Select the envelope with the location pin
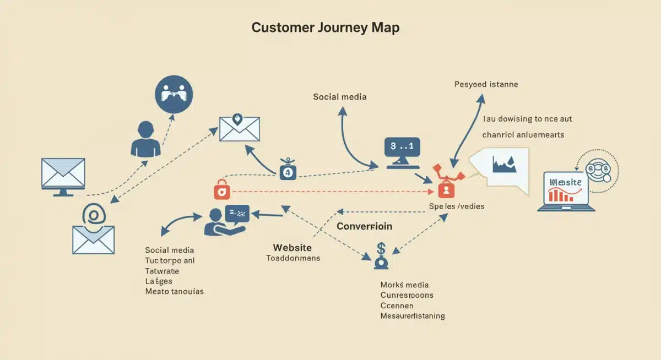tap(239, 129)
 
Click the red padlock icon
tap(222, 190)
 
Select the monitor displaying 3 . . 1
tap(402, 152)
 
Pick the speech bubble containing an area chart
tap(503, 168)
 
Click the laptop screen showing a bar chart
tap(566, 189)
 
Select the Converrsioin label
tap(364, 226)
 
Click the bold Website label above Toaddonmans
tap(292, 248)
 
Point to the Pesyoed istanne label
tap(486, 85)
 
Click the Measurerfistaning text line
tap(413, 316)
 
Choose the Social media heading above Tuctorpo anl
tap(169, 250)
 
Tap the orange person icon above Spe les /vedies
tap(445, 190)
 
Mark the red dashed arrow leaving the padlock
tap(330, 192)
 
